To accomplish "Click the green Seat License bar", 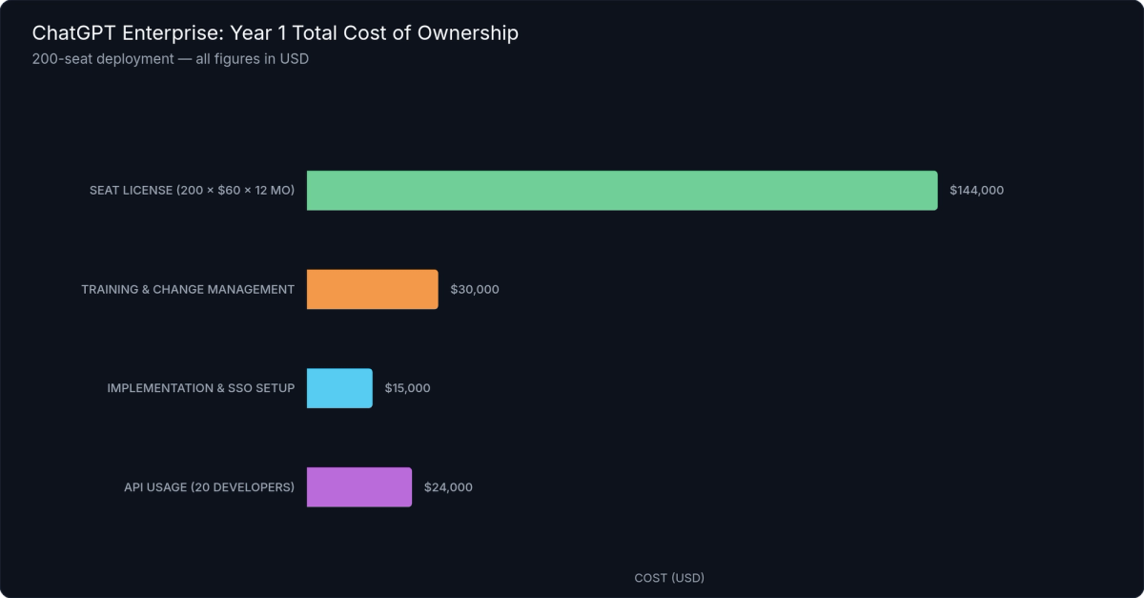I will (622, 191).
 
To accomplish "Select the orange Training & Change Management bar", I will (372, 290).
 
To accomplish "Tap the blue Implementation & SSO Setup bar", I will (339, 388).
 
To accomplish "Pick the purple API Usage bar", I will (358, 487).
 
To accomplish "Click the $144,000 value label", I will (976, 191).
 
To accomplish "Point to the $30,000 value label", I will (474, 290).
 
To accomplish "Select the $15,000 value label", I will (407, 388).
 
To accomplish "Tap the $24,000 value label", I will (447, 487).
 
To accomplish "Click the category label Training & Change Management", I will (188, 290).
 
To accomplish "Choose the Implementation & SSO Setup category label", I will (200, 388).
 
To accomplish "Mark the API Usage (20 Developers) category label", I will (209, 487).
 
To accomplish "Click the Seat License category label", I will (131, 191).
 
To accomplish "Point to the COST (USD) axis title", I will (669, 578).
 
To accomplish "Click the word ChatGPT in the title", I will (70, 33).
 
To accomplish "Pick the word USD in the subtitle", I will (293, 59).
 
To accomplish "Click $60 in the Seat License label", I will (224, 191).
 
